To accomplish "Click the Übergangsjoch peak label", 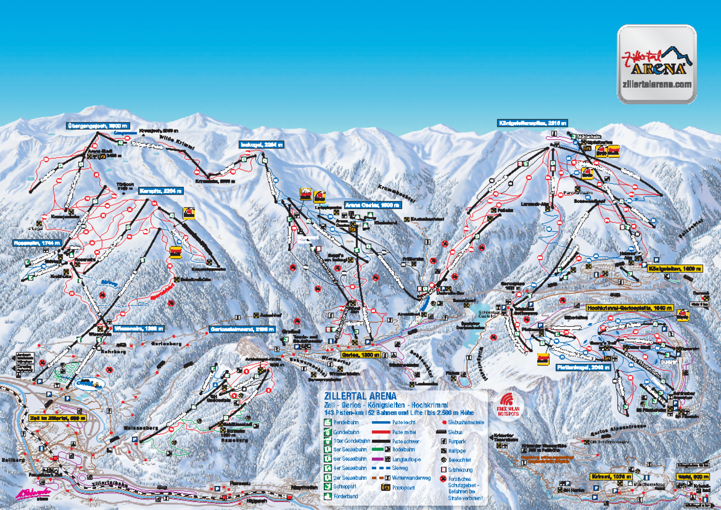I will pyautogui.click(x=98, y=126).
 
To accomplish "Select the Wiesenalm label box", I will pyautogui.click(x=139, y=329).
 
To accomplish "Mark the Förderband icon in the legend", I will pyautogui.click(x=328, y=497).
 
